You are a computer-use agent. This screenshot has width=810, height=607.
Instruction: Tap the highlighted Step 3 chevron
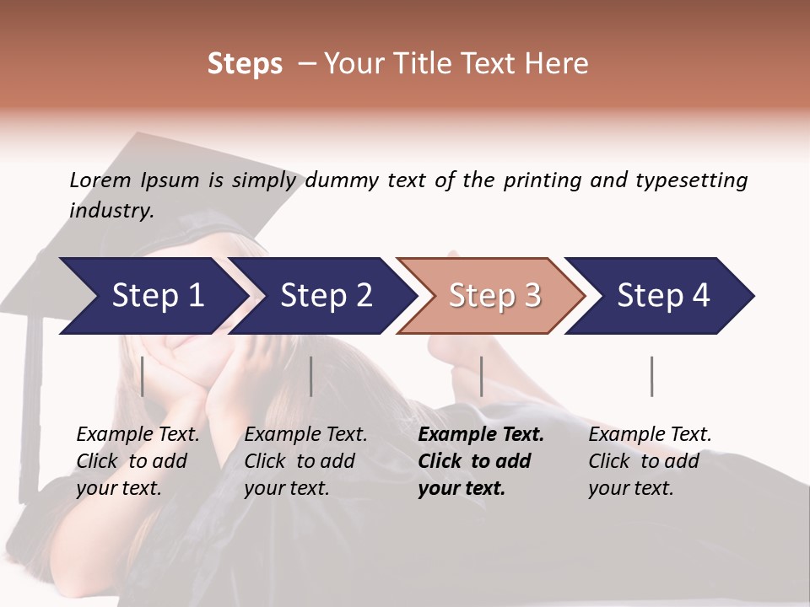[x=494, y=296]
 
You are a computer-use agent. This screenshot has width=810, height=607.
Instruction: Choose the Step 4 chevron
[x=663, y=296]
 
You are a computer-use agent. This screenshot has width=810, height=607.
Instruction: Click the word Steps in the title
[x=245, y=64]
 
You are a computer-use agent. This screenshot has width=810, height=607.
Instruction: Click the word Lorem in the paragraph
[x=100, y=180]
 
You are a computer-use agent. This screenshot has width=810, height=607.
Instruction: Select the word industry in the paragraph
[x=111, y=211]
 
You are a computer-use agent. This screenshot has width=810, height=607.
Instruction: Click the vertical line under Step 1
[x=143, y=376]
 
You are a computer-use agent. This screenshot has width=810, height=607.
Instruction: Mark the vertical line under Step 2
[x=311, y=376]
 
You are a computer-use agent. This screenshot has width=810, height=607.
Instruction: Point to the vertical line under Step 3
[x=481, y=376]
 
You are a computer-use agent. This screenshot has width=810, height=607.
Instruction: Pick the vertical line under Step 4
[x=651, y=376]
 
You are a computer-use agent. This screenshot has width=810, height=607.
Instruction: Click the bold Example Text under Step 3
[x=481, y=435]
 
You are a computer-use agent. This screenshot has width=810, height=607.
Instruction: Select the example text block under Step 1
[x=138, y=461]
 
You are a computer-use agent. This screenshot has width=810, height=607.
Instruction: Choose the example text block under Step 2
[x=305, y=461]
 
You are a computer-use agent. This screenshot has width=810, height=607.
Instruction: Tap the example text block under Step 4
[x=650, y=461]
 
